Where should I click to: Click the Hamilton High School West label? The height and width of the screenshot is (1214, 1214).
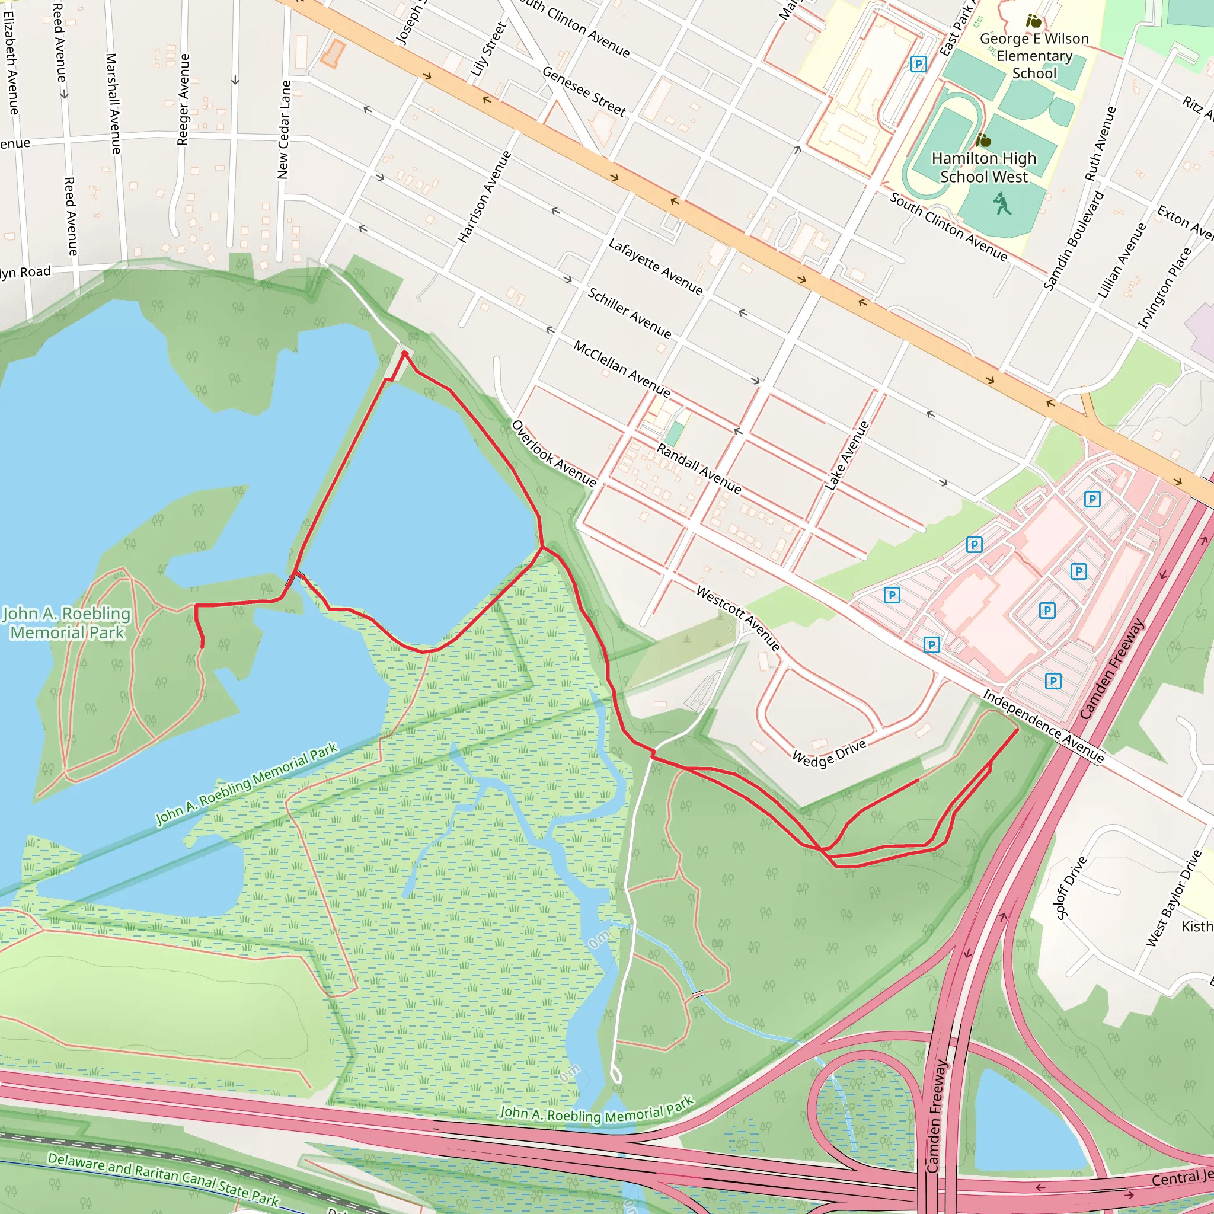tap(983, 168)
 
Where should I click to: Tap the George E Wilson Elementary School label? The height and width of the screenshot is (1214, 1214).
tap(1034, 56)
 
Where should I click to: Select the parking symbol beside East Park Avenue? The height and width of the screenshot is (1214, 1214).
tap(918, 63)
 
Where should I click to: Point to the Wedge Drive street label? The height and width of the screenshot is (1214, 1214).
tap(829, 753)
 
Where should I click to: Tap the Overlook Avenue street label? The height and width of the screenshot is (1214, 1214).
tap(554, 453)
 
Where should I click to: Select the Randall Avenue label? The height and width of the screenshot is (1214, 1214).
tap(699, 468)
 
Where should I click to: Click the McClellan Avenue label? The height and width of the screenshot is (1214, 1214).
tap(621, 369)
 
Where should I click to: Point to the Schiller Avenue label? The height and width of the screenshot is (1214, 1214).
tap(629, 312)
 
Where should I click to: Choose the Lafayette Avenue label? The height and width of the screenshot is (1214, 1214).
tap(656, 266)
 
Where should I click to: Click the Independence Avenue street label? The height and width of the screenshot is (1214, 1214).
tap(1043, 726)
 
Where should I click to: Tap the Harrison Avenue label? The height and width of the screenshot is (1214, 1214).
tap(484, 197)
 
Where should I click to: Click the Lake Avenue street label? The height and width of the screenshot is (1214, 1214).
tap(846, 456)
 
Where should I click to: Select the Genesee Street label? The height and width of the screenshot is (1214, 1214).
tap(584, 92)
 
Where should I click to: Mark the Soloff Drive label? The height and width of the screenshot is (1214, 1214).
tap(1071, 887)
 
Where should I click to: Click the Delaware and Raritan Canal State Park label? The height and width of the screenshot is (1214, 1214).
tap(163, 1179)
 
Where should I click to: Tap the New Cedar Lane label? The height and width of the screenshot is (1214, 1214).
tap(285, 129)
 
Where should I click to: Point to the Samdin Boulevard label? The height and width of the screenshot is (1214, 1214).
tap(1074, 241)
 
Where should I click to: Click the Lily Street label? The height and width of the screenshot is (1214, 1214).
tap(488, 50)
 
